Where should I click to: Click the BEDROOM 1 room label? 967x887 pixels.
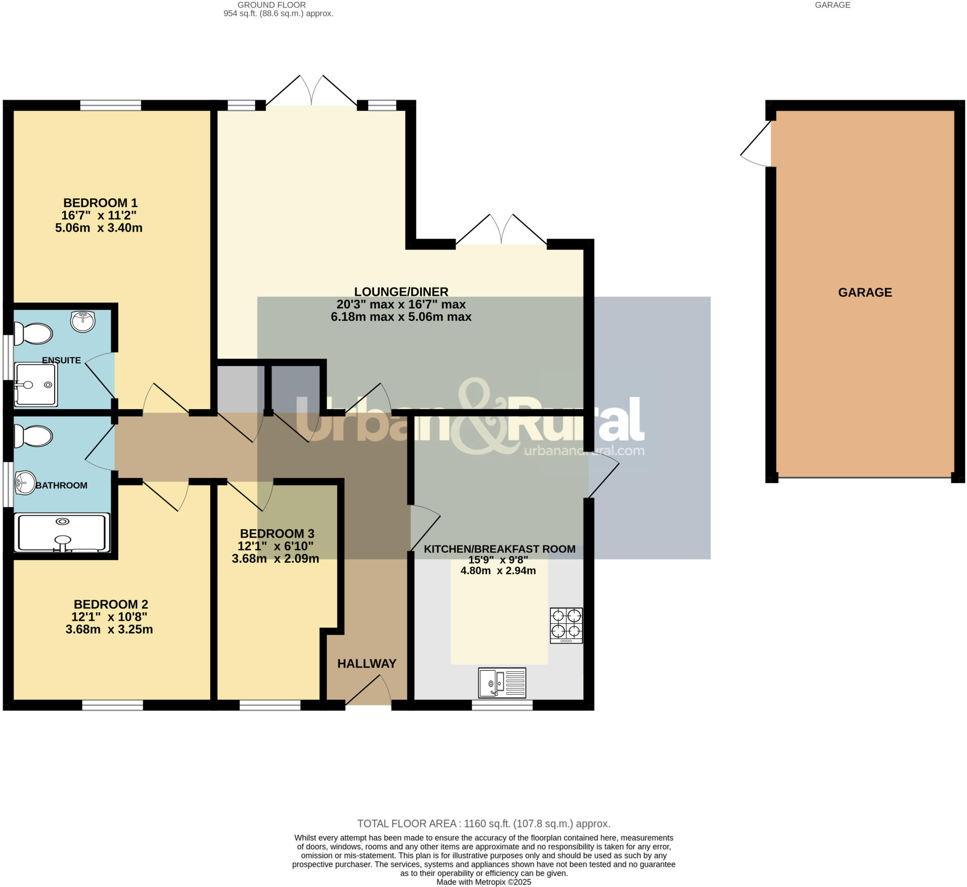point(100,203)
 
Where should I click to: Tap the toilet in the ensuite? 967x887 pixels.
point(34,333)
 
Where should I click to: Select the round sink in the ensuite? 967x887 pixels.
point(83,320)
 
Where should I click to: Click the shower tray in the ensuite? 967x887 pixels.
point(36,384)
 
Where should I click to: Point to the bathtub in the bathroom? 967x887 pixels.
point(62,533)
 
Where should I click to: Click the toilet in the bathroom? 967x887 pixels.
point(34,436)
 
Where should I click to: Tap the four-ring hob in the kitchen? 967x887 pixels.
point(566,625)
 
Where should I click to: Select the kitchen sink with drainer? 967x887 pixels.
point(502,682)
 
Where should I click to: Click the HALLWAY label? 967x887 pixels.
point(366,663)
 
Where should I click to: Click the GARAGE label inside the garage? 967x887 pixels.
point(865,293)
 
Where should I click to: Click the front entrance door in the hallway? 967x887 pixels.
point(368,691)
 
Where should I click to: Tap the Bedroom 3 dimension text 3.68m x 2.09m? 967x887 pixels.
point(275,558)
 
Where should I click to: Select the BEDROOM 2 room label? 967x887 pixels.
point(111,604)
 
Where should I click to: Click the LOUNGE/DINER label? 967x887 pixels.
point(401,292)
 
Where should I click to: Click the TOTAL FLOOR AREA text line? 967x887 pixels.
point(483,824)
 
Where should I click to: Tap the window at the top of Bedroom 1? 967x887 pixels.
point(110,105)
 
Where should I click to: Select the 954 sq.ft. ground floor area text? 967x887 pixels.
point(278,13)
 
